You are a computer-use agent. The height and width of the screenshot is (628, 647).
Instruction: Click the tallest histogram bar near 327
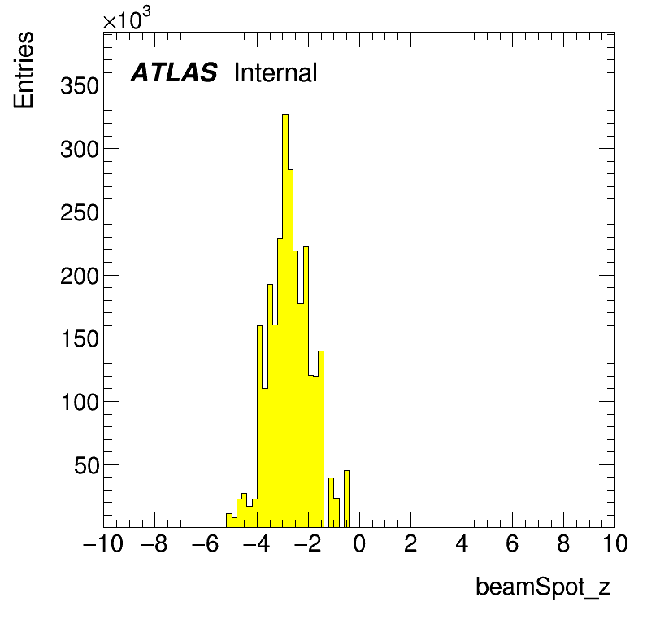(x=285, y=321)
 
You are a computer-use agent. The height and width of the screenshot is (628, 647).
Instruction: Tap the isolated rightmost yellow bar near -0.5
(x=346, y=499)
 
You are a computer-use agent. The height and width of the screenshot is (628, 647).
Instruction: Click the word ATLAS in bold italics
(x=174, y=72)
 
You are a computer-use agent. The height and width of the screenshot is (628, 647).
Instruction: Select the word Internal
(x=276, y=72)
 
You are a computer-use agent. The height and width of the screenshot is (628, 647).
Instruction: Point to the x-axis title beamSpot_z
(x=543, y=587)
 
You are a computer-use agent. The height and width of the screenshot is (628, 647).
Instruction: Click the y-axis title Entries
(x=24, y=70)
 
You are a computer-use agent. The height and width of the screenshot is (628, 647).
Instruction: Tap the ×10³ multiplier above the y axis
(x=127, y=18)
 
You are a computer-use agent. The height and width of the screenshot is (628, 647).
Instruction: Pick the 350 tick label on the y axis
(x=80, y=86)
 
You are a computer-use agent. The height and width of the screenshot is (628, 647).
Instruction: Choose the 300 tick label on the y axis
(x=80, y=150)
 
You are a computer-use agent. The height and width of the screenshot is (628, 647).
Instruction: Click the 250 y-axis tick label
(x=80, y=213)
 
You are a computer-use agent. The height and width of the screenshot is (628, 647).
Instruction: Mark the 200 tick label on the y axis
(x=80, y=277)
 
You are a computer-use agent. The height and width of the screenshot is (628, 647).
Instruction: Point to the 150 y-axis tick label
(x=80, y=339)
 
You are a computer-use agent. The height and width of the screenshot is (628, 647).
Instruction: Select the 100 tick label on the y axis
(x=80, y=403)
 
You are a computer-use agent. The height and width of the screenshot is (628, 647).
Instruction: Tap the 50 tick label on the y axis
(x=87, y=466)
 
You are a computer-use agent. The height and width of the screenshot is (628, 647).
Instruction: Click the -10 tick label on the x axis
(x=103, y=543)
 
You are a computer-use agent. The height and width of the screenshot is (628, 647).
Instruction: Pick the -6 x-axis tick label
(x=206, y=543)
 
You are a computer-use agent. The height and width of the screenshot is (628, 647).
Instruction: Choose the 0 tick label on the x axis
(x=359, y=543)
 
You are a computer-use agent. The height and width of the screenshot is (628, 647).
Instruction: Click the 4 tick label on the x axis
(x=462, y=543)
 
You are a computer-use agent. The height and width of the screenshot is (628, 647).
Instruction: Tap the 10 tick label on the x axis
(x=615, y=543)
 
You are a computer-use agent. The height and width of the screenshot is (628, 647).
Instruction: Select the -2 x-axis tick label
(x=308, y=543)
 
